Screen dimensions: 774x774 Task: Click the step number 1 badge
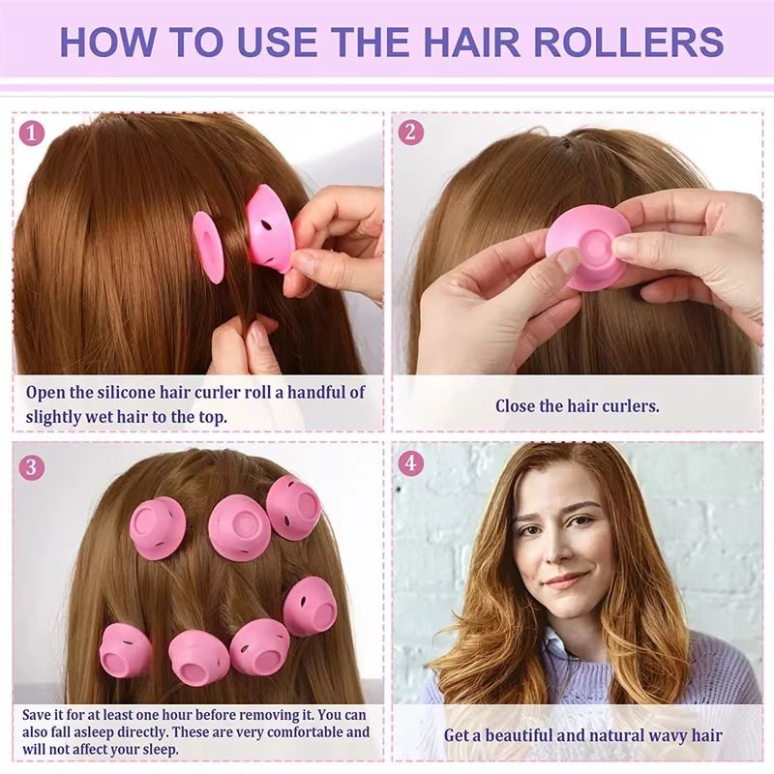[x=32, y=133]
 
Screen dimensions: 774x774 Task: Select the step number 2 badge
[x=411, y=133]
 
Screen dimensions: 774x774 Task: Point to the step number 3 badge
[x=32, y=467]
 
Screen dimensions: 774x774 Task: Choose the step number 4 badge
[x=411, y=463]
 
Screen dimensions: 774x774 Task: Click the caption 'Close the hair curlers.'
[x=578, y=406]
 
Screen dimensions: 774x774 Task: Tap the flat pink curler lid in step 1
[x=208, y=247]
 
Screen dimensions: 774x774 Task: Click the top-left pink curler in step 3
[x=157, y=527]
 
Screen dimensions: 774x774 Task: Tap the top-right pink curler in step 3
[x=293, y=505]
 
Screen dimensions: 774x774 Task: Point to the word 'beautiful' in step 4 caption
[x=520, y=735]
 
